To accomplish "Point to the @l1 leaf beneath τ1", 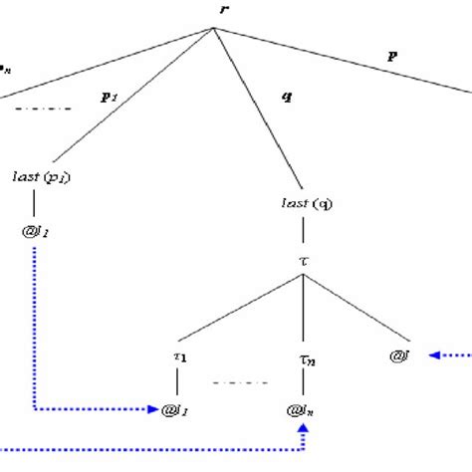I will pos(175,408).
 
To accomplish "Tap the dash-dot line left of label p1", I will pos(44,108).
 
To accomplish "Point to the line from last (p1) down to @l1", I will pos(37,207).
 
